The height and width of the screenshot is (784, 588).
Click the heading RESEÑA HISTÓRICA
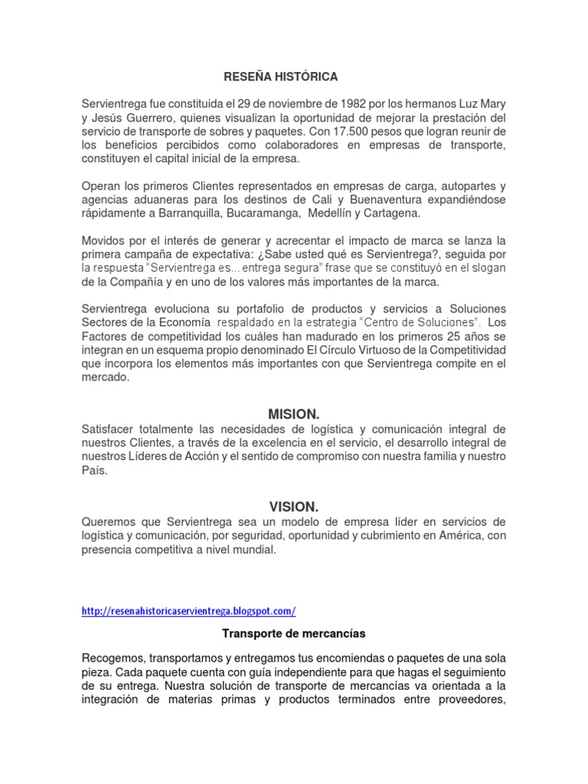280,77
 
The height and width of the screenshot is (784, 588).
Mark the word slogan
486,268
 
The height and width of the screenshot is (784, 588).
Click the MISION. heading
293,414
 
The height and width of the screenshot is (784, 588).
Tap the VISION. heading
293,506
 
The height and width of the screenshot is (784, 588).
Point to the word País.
95,472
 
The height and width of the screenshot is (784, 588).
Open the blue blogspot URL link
188,611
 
